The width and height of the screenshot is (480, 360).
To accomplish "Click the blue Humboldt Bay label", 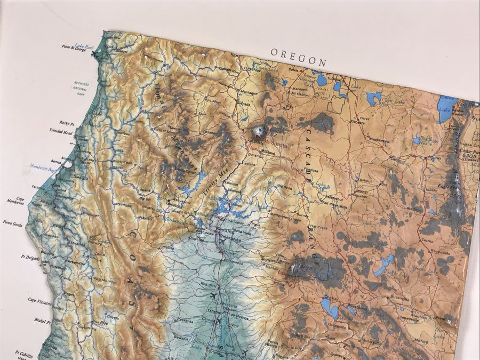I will point(43,165).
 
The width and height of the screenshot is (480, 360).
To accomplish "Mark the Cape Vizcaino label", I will point(40,300).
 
